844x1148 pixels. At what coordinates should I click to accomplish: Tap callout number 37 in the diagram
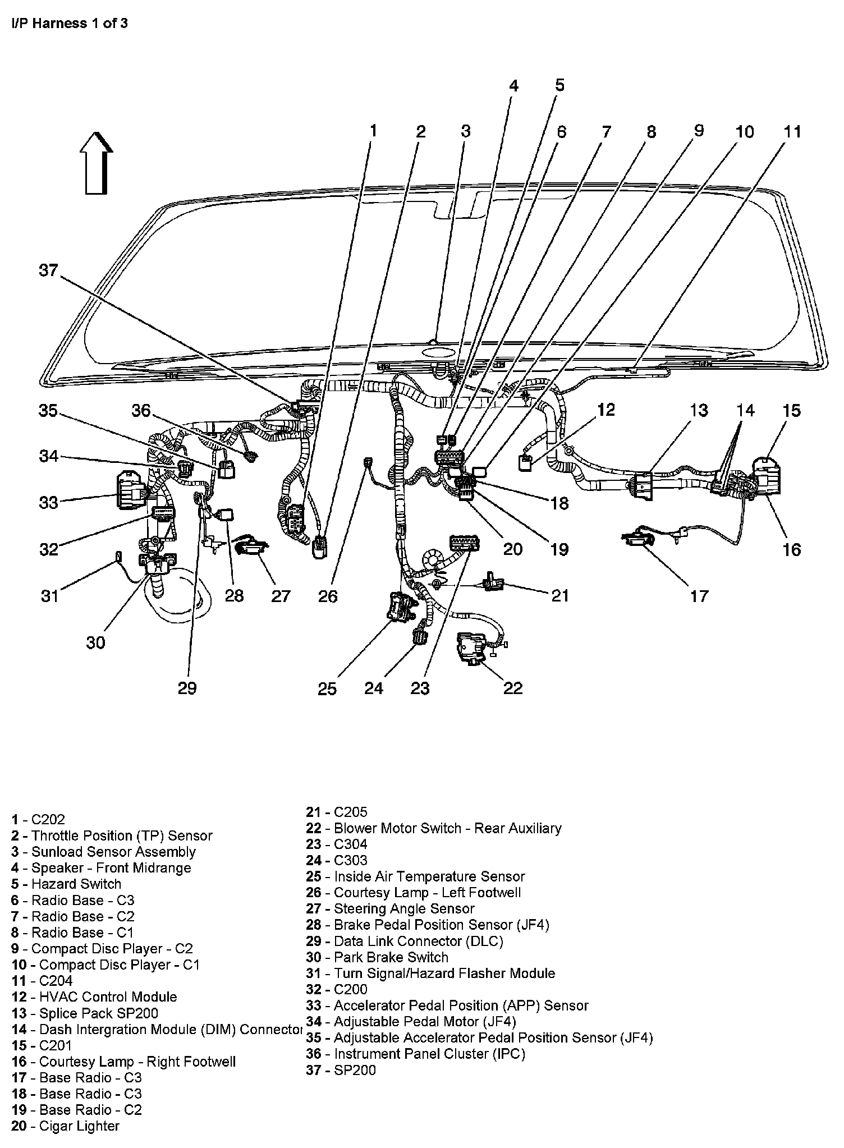pos(48,271)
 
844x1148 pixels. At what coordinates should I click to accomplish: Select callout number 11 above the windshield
pos(792,132)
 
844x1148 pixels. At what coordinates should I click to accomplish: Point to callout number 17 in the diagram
pos(699,596)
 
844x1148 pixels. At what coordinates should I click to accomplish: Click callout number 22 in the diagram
pos(513,688)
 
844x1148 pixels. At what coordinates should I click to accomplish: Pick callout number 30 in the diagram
pos(95,642)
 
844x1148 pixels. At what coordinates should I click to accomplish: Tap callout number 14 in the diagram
pos(745,411)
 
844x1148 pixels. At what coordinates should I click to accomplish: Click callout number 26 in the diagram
pos(328,596)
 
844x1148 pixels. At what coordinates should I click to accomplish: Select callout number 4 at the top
pos(513,86)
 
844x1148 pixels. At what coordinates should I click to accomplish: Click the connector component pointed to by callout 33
pos(130,490)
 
